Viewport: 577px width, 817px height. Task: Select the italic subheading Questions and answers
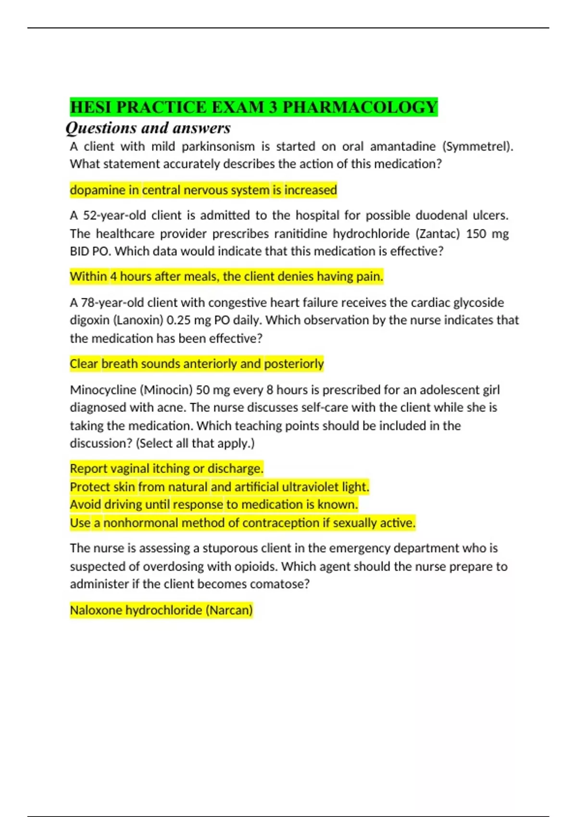pos(148,128)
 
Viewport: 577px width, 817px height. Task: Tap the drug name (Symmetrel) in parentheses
pos(477,146)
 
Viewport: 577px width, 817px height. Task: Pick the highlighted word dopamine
pos(98,190)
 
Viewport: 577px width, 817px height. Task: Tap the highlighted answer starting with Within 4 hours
pos(226,277)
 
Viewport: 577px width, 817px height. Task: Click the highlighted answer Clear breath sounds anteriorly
pos(196,364)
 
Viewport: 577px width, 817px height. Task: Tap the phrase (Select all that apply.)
pos(195,443)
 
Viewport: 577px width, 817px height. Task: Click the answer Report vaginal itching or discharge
pos(166,469)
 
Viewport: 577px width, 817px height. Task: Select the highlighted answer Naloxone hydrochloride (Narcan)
pos(161,610)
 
